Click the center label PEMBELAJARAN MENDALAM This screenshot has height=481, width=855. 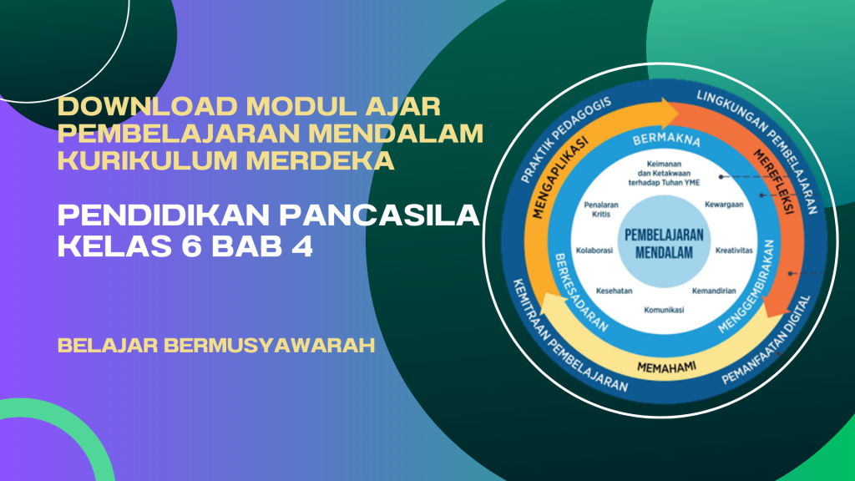point(664,244)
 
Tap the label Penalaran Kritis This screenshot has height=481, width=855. point(601,210)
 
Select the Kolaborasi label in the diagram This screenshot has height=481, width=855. point(594,251)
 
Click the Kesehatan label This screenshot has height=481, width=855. point(614,291)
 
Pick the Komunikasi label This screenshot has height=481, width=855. point(664,310)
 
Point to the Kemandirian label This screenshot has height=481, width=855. point(714,291)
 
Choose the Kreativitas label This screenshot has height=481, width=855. point(734,251)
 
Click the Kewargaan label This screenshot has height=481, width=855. point(724,205)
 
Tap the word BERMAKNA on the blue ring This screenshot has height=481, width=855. point(665,139)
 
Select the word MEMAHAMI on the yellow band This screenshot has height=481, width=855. point(666,367)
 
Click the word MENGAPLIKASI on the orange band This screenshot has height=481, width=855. point(560,178)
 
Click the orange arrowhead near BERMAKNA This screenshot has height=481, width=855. point(669,114)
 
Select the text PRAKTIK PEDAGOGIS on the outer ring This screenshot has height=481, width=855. point(565,140)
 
